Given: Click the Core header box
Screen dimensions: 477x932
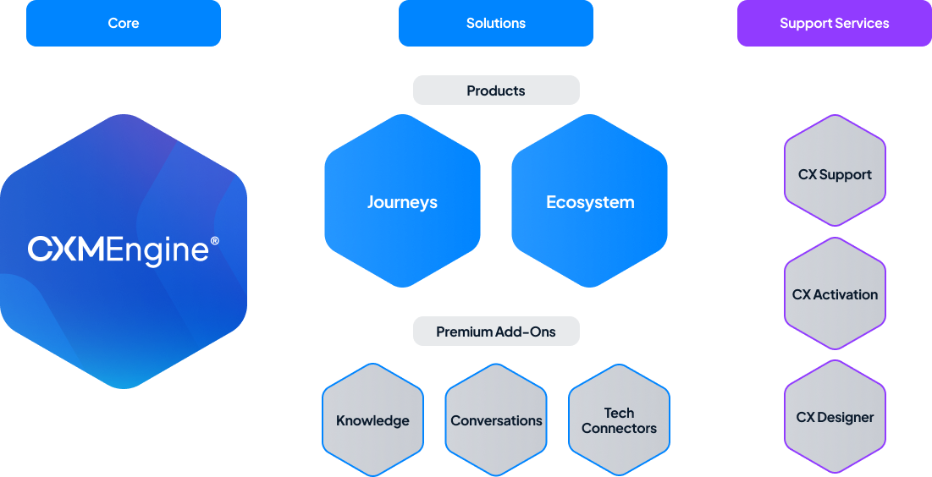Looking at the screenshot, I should (124, 23).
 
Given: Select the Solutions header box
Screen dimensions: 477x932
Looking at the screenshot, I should (496, 23).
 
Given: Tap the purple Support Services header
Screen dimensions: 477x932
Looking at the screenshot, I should (834, 23).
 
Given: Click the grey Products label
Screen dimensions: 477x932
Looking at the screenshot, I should (496, 90).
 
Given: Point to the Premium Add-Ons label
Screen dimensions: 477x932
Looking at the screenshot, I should (496, 332).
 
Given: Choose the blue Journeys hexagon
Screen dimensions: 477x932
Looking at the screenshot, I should (402, 202).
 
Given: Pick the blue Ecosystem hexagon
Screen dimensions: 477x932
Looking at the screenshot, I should (590, 202).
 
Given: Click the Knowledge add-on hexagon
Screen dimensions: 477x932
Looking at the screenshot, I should (372, 420).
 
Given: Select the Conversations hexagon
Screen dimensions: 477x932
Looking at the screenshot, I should (496, 420).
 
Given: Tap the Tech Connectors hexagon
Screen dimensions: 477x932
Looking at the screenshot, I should (619, 420).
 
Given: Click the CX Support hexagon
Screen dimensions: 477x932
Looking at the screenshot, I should (835, 174).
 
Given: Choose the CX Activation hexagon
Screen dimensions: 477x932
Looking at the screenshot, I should (835, 294).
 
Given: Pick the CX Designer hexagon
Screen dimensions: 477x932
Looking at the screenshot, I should (835, 417).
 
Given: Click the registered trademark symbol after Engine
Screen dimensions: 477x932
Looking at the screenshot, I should (214, 241).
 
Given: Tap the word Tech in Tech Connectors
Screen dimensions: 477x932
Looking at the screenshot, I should (619, 413).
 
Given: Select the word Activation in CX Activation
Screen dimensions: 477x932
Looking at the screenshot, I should (846, 294).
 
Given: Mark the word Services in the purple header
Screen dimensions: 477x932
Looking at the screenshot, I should (862, 23).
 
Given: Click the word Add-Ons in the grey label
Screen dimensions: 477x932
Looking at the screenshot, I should (527, 332).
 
